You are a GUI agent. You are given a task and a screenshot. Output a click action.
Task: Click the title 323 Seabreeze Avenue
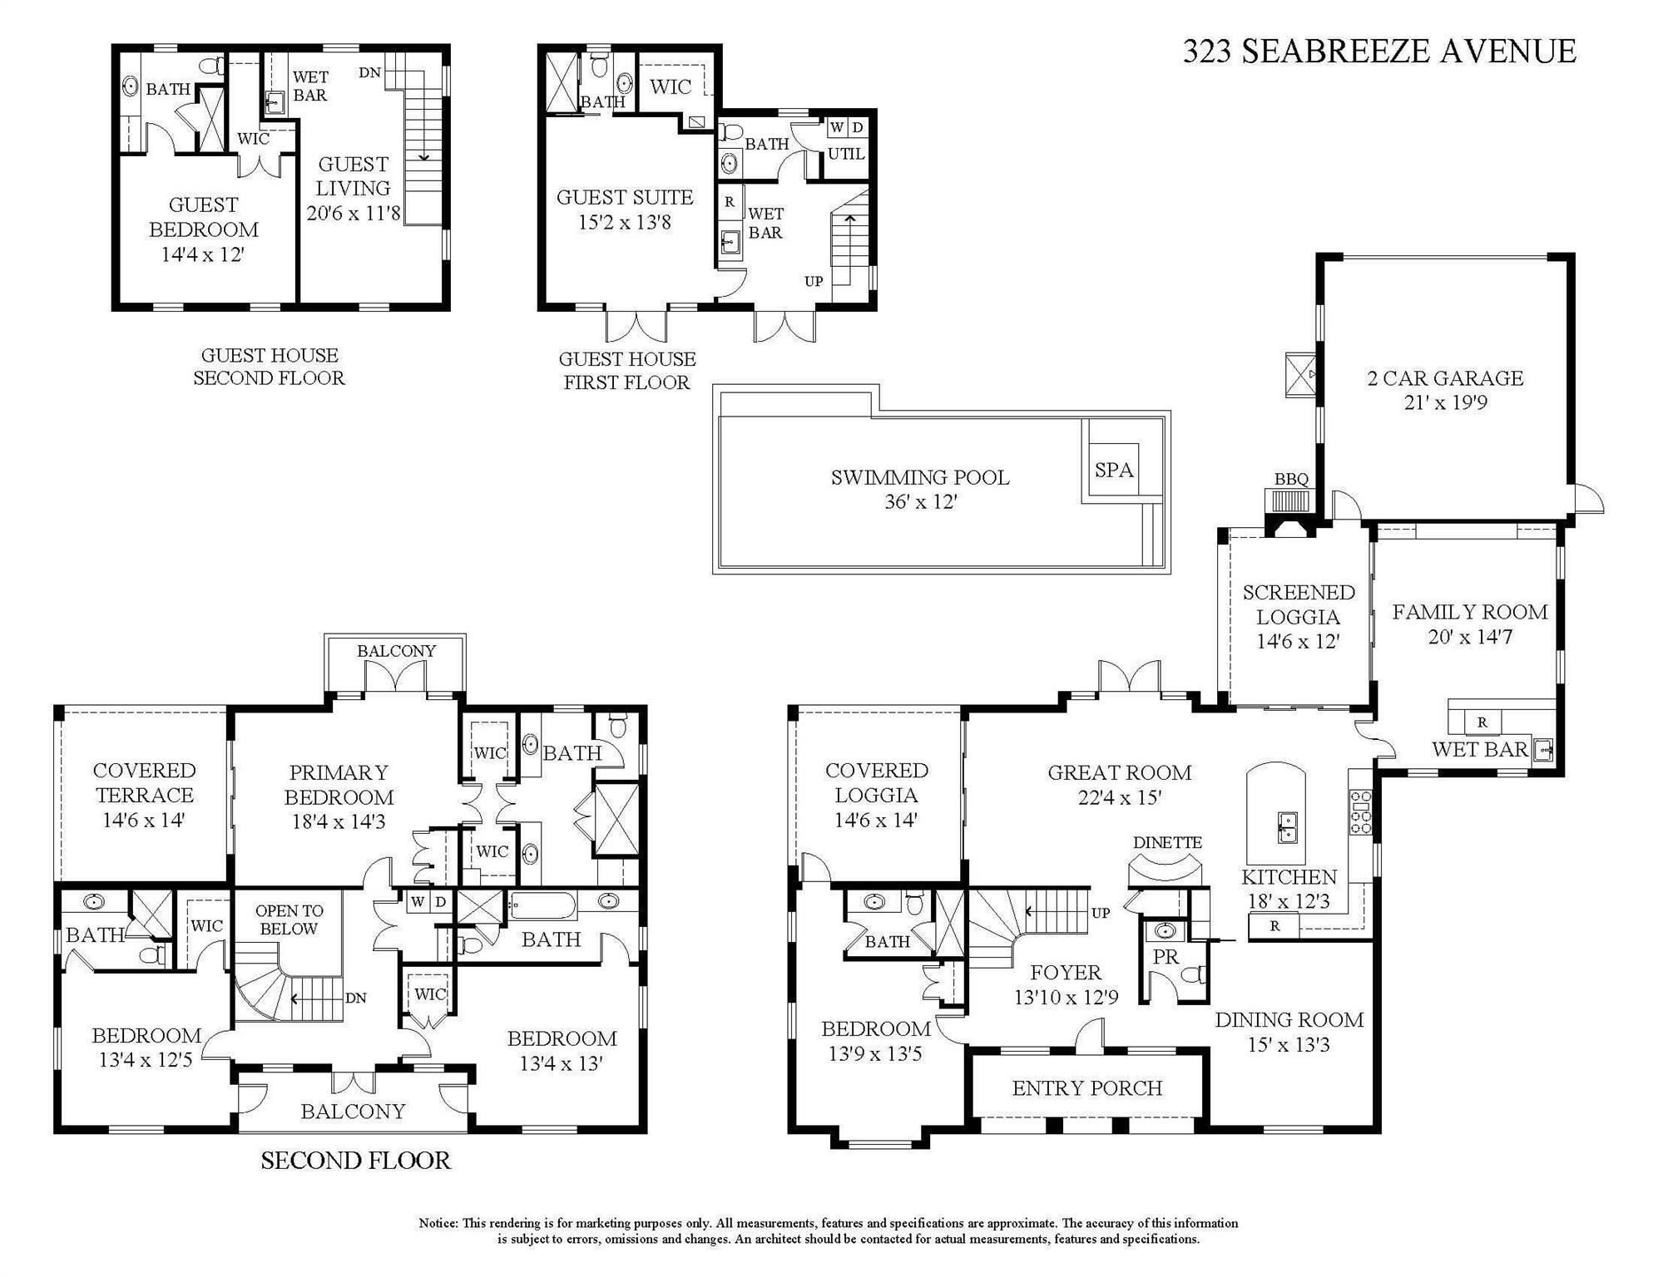pos(1378,52)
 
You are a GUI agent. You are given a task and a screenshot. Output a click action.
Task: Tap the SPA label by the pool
pos(1113,470)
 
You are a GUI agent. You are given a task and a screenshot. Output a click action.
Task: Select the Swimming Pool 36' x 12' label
pos(920,489)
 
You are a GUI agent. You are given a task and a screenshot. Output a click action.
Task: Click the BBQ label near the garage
pos(1291,480)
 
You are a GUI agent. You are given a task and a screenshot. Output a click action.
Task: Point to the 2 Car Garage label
pos(1445,390)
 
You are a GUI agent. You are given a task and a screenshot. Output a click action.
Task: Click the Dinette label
pos(1167,842)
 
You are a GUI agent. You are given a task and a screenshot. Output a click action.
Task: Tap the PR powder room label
pos(1166,957)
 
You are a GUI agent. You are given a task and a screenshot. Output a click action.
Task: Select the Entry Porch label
pos(1086,1088)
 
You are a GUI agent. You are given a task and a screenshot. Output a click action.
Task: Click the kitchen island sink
pos(1287,827)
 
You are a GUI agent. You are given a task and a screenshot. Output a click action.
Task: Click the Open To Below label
pos(289,920)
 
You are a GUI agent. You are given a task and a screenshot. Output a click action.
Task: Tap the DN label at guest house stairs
pos(369,73)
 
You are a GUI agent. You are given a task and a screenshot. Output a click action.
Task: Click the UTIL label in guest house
pos(846,154)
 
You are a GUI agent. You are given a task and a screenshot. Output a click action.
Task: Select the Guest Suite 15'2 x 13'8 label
pos(625,210)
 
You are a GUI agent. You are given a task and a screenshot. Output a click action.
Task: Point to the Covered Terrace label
pos(144,795)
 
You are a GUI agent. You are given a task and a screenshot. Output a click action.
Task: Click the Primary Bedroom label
pos(339,796)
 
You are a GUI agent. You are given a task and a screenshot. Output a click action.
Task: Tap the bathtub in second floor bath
pos(542,905)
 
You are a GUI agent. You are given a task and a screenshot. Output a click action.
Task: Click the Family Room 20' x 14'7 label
pos(1469,624)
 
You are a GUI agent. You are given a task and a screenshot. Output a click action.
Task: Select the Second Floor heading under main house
pos(355,1161)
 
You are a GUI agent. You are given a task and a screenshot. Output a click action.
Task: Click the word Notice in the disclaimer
pos(438,1223)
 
